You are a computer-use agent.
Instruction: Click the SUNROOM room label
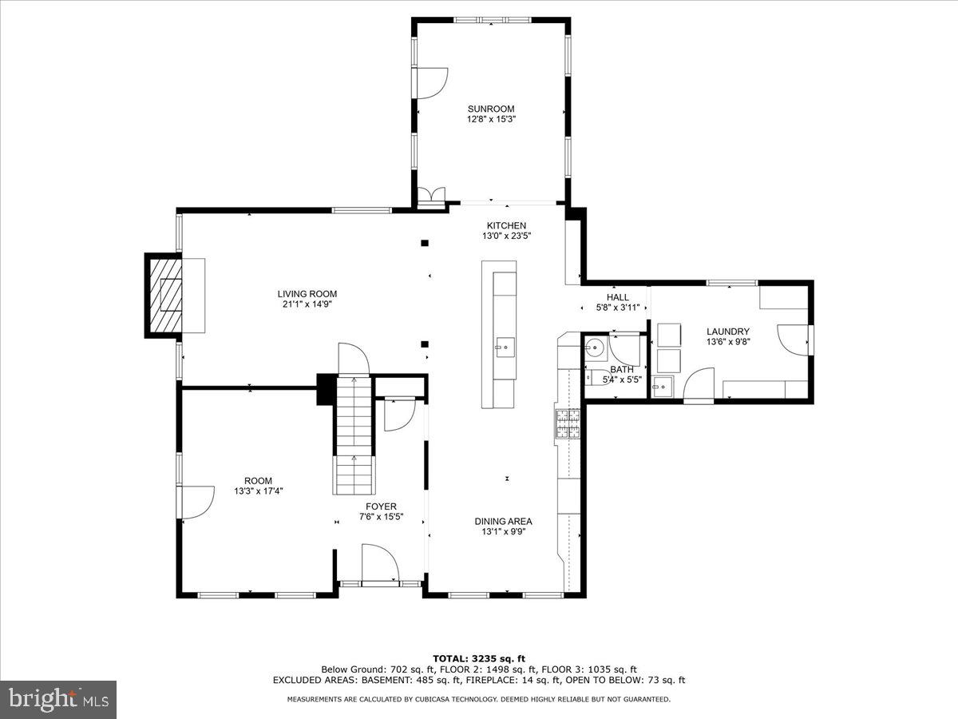[491, 109]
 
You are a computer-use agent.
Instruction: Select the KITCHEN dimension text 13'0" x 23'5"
[506, 236]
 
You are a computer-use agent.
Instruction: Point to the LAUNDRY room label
[727, 332]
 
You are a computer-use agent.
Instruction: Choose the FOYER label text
[381, 506]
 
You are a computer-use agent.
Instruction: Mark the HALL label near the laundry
[617, 297]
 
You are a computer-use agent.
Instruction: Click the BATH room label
[621, 369]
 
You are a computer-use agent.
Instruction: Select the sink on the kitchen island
[504, 347]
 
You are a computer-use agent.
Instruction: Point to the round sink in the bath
[594, 348]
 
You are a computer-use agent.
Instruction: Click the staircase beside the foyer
[353, 435]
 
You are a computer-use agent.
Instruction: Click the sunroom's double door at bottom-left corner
[432, 197]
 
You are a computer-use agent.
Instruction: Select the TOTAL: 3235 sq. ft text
[479, 658]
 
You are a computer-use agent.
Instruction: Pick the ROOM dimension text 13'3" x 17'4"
[258, 491]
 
